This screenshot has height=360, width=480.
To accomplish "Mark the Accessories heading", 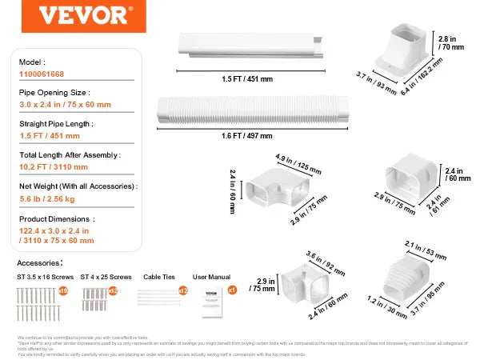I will [38, 262].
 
